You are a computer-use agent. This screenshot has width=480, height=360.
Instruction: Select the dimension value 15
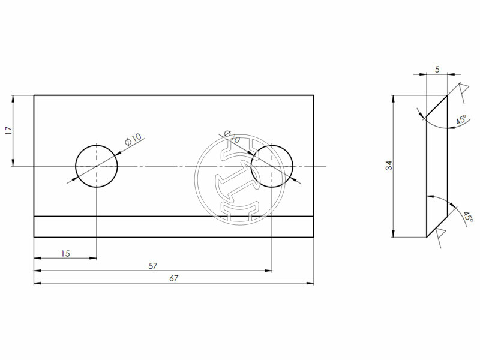point(65,254)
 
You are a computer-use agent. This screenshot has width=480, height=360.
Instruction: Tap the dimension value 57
point(153,266)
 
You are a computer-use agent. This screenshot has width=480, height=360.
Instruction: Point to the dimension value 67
point(174,278)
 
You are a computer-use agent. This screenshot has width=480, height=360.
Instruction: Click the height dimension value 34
point(389,166)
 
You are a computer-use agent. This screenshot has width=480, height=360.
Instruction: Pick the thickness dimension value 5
point(437,70)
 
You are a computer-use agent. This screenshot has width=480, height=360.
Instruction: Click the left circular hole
point(96,166)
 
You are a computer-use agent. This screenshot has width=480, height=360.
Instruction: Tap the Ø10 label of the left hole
point(133,139)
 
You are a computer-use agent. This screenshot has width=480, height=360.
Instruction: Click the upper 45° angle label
point(461,121)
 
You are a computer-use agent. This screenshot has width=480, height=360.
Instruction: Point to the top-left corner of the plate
point(34,95)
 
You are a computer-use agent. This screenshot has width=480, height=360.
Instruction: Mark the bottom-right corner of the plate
point(314,237)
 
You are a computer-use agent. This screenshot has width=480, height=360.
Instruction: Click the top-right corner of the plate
point(314,95)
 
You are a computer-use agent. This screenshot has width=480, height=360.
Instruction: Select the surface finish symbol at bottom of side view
point(440,236)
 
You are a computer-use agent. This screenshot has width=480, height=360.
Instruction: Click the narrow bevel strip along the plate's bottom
point(174,227)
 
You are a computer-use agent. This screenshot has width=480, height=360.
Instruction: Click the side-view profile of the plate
point(436,166)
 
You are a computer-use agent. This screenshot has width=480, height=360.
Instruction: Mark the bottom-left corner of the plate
point(34,237)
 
